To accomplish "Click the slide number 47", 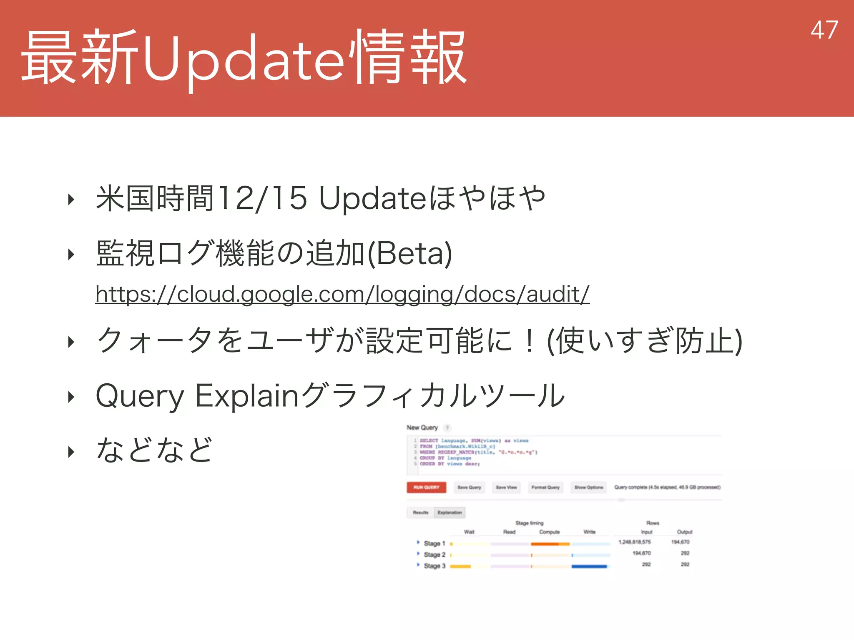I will tap(824, 30).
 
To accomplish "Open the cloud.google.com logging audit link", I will tap(342, 294).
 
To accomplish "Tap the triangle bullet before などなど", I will tap(71, 452).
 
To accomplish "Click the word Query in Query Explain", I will tap(140, 396).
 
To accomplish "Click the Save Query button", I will tap(469, 487).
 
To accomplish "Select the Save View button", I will tap(506, 487).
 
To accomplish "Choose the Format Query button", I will tap(545, 487).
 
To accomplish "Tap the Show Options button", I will tap(588, 487).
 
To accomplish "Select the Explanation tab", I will tap(450, 512).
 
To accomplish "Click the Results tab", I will tap(420, 512).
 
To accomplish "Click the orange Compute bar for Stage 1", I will tap(550, 544).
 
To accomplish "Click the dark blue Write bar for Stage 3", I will tap(589, 566).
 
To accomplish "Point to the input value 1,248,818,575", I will tap(634, 542).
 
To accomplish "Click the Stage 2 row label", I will tap(434, 555).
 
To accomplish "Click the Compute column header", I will tap(549, 532).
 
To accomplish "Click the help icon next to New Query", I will tap(447, 428).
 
